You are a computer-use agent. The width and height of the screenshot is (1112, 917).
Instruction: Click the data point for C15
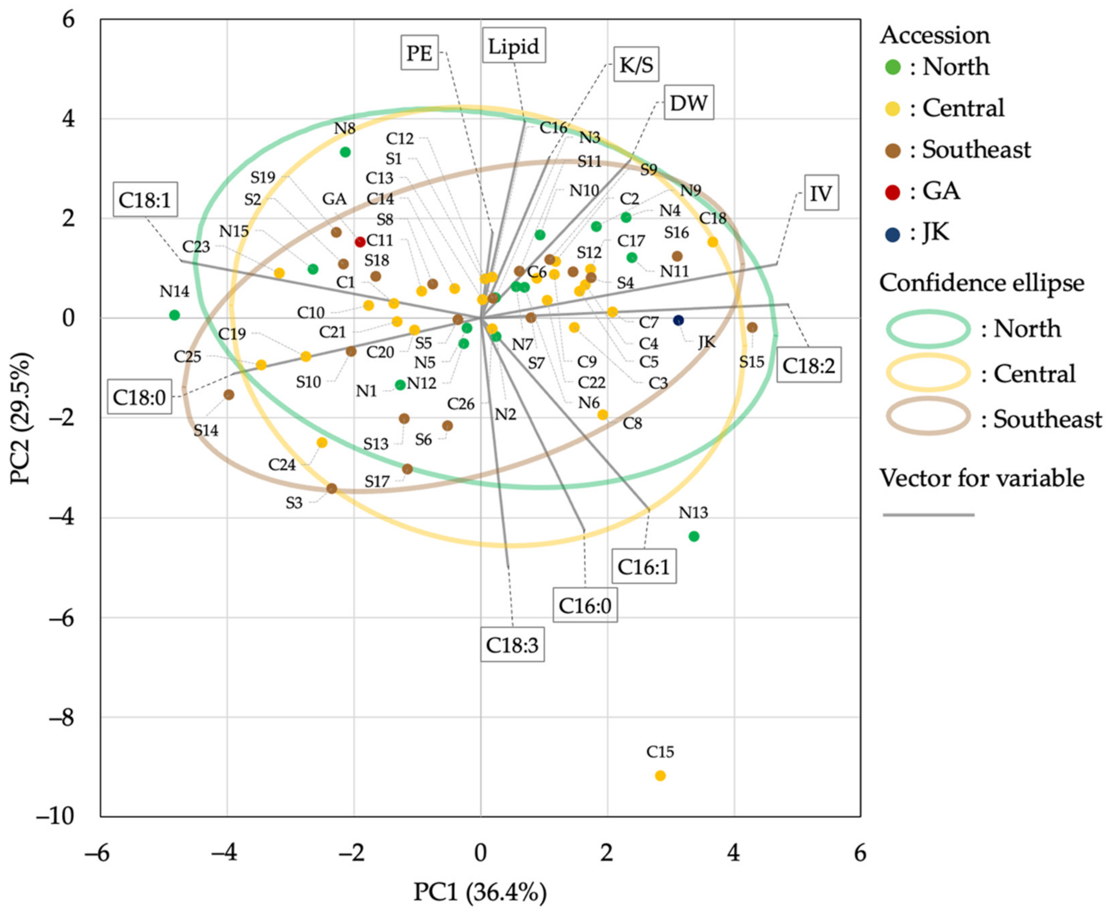660,775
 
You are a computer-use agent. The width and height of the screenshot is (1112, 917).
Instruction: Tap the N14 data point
175,315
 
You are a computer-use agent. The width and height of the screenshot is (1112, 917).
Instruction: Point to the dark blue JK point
679,320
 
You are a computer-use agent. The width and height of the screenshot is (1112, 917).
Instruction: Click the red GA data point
360,242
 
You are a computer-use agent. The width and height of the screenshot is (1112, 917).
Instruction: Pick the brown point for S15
752,328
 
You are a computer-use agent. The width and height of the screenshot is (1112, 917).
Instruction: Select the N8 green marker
345,152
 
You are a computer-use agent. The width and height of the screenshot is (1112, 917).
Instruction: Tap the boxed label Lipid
513,46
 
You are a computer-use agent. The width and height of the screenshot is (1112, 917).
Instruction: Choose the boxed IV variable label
821,194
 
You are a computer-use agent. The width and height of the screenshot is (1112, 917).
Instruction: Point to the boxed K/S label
636,65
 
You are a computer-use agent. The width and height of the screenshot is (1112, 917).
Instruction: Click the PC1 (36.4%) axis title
480,892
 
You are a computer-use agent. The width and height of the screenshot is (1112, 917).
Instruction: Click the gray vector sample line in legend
928,514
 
